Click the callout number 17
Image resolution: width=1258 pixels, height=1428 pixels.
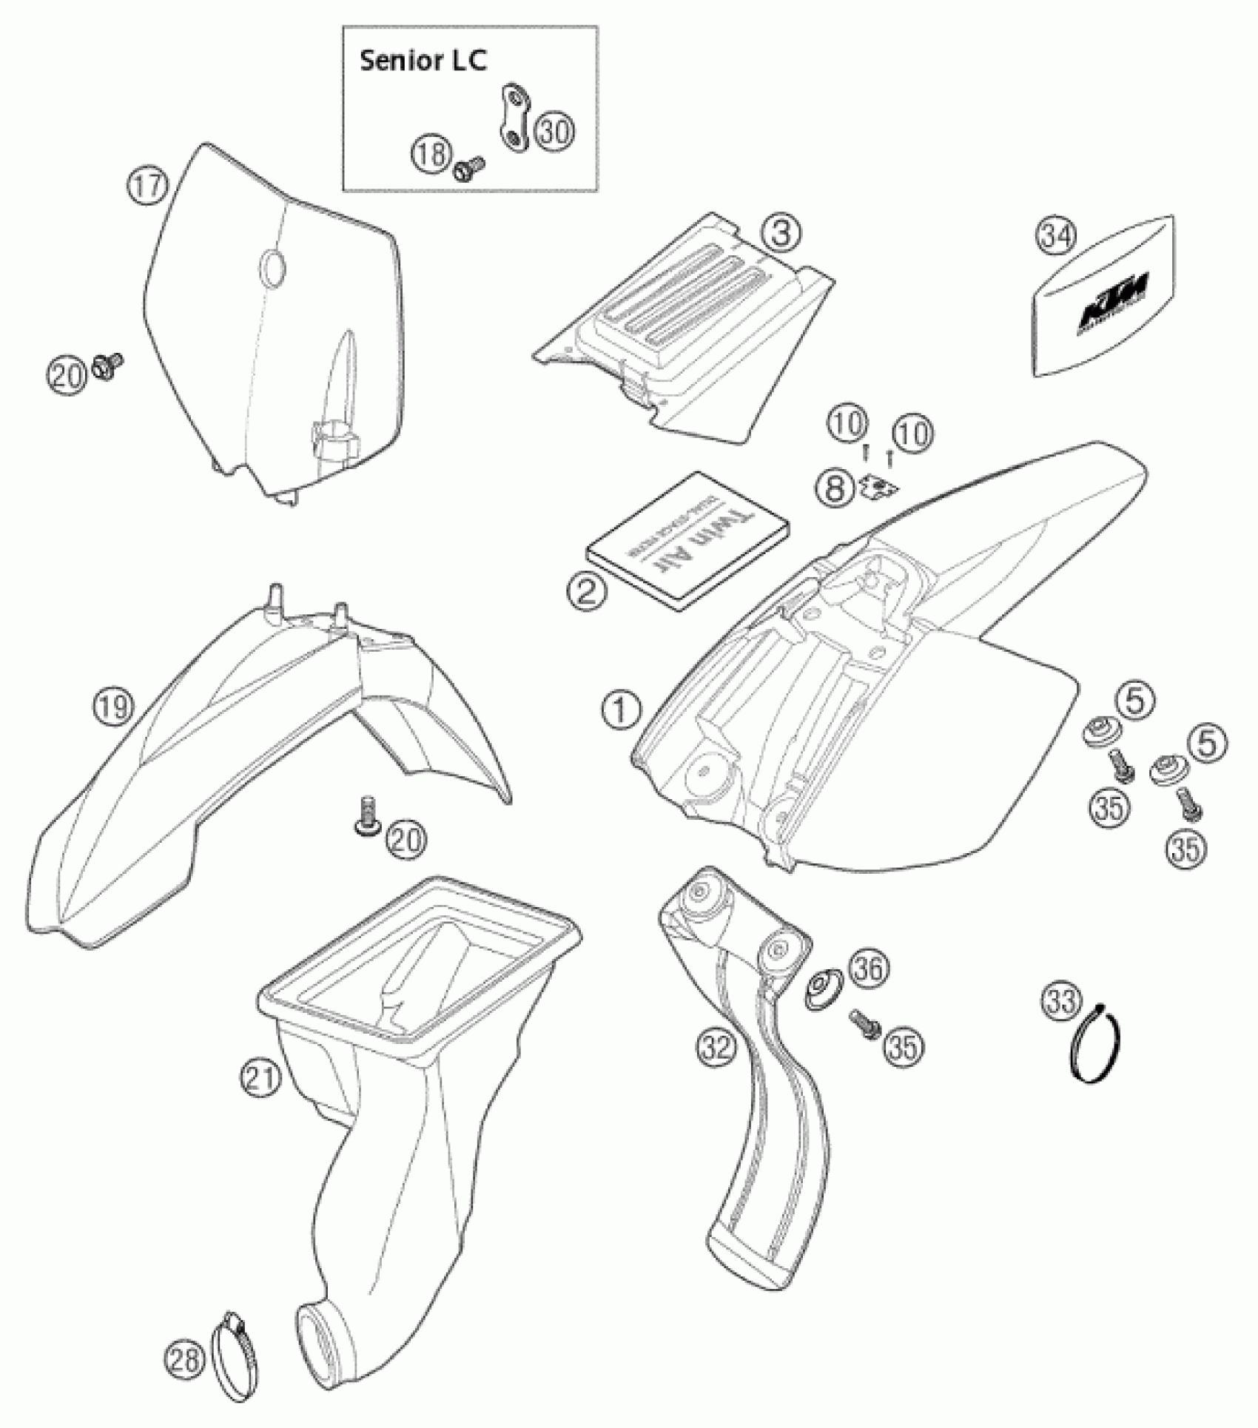147,184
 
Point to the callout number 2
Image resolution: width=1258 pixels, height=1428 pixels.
586,591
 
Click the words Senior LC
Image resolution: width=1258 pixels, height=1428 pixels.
423,61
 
